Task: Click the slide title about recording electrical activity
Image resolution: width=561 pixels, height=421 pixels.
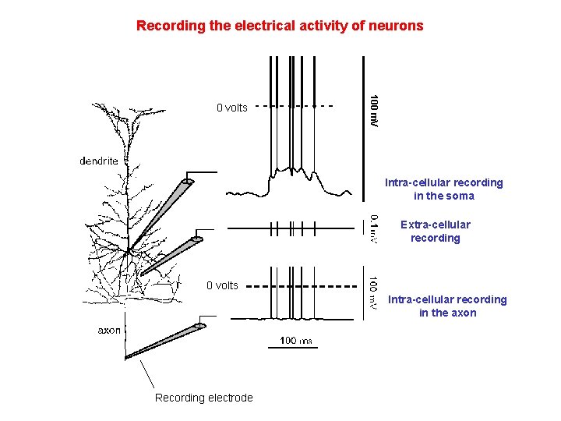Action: pyautogui.click(x=280, y=26)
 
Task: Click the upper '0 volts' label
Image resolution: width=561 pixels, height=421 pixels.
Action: pyautogui.click(x=231, y=108)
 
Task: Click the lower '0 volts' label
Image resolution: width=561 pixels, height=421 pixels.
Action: pyautogui.click(x=222, y=285)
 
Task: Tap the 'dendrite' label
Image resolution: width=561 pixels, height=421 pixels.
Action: pyautogui.click(x=99, y=161)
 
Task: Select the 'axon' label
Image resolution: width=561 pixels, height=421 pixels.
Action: pyautogui.click(x=109, y=330)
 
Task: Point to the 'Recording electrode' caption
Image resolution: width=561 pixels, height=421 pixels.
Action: pyautogui.click(x=203, y=398)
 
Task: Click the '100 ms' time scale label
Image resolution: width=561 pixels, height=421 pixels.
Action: pyautogui.click(x=295, y=341)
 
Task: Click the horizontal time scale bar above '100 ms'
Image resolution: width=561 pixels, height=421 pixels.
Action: pyautogui.click(x=294, y=348)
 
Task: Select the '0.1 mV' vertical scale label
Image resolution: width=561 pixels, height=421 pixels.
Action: pyautogui.click(x=375, y=228)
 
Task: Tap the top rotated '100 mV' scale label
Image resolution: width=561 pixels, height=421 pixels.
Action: pyautogui.click(x=375, y=111)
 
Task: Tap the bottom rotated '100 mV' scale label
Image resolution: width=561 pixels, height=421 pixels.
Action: pyautogui.click(x=375, y=292)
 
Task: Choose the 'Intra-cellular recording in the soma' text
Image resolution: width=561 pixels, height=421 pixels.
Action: pyautogui.click(x=443, y=189)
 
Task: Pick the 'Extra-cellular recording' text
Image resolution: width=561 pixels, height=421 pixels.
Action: pyautogui.click(x=435, y=232)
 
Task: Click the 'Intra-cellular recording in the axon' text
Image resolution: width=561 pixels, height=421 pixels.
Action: pyautogui.click(x=447, y=306)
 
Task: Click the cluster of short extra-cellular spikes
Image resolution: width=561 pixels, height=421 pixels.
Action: pyautogui.click(x=292, y=228)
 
